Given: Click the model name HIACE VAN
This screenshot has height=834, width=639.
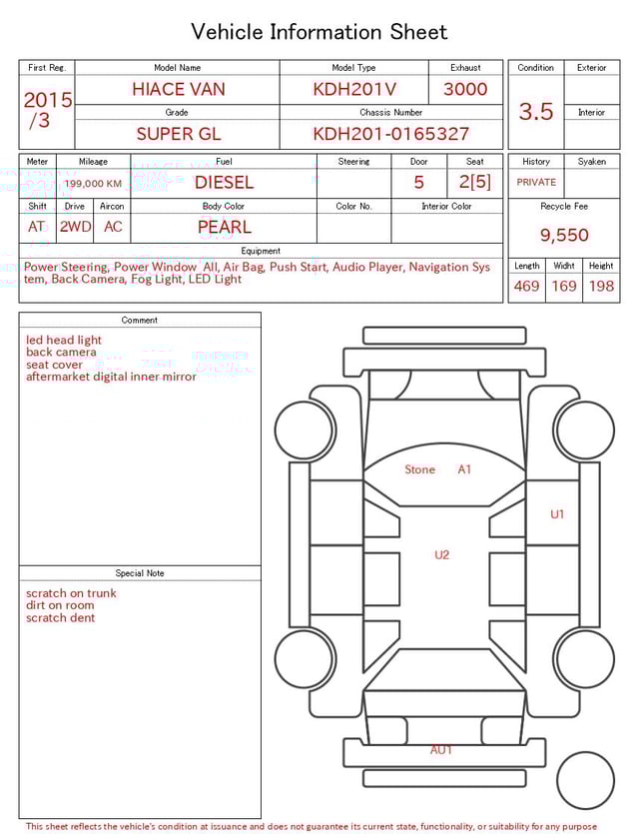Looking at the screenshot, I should pyautogui.click(x=178, y=89).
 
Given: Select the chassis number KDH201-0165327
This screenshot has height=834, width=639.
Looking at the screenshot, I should pyautogui.click(x=390, y=134).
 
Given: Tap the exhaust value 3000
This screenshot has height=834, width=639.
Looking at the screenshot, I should pyautogui.click(x=465, y=89).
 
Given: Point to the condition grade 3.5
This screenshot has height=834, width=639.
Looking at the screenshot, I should pyautogui.click(x=535, y=112).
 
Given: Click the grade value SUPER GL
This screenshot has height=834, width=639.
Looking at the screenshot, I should pyautogui.click(x=178, y=134).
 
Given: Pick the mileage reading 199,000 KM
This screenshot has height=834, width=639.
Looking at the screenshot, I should pyautogui.click(x=93, y=184).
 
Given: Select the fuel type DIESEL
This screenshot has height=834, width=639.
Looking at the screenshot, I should pyautogui.click(x=224, y=183).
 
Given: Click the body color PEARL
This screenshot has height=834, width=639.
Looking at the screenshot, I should pyautogui.click(x=224, y=227).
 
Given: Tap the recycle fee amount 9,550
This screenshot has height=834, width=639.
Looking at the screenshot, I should pyautogui.click(x=564, y=236).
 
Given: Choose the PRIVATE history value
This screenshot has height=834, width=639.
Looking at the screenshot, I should pyautogui.click(x=536, y=183).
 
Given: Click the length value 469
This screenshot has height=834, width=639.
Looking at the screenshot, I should pyautogui.click(x=526, y=287).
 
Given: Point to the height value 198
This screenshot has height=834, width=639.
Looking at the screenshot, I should pyautogui.click(x=601, y=287).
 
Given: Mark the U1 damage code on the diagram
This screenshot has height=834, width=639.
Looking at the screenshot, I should pyautogui.click(x=557, y=514).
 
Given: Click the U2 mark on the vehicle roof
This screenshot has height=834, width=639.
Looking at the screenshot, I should pyautogui.click(x=441, y=555).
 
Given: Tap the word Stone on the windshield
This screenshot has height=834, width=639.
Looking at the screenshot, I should pyautogui.click(x=419, y=469).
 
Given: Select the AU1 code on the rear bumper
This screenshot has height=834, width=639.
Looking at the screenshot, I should pyautogui.click(x=441, y=750).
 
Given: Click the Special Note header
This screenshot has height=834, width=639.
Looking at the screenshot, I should pyautogui.click(x=140, y=573).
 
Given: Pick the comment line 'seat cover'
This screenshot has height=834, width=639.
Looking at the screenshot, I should pyautogui.click(x=54, y=365).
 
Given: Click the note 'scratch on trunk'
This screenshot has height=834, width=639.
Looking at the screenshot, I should pyautogui.click(x=71, y=593).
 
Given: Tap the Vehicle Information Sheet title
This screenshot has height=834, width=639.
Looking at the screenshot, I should pyautogui.click(x=319, y=32).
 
